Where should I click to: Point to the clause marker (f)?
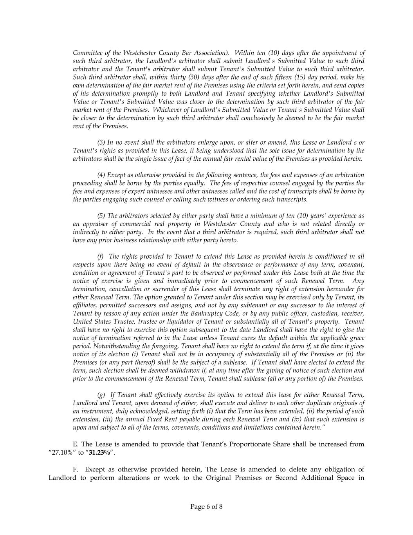tap(101, 256)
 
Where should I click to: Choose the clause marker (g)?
tap(101, 395)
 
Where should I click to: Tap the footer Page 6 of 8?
tap(206, 506)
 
